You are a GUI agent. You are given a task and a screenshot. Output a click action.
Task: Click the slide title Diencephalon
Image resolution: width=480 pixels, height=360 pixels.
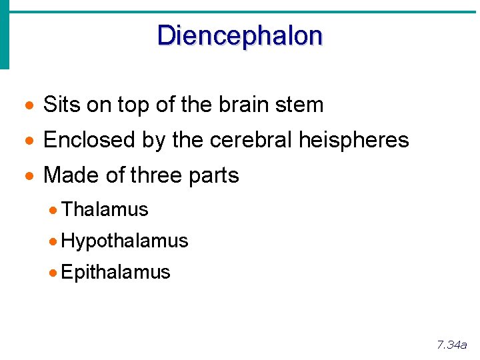(239, 35)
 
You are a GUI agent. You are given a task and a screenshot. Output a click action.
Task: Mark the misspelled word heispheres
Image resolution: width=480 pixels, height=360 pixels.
(354, 140)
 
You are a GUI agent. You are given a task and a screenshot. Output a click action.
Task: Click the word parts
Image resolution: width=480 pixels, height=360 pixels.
(213, 176)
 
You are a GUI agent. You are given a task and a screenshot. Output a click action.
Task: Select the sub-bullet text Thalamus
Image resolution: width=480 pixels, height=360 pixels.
(105, 209)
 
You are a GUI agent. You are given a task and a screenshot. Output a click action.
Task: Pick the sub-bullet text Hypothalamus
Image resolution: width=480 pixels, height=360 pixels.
(125, 241)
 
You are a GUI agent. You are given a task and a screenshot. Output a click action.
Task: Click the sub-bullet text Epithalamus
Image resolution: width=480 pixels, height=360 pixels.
(115, 272)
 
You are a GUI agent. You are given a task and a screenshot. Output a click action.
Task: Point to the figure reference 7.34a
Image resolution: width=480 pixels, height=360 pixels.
(451, 345)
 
